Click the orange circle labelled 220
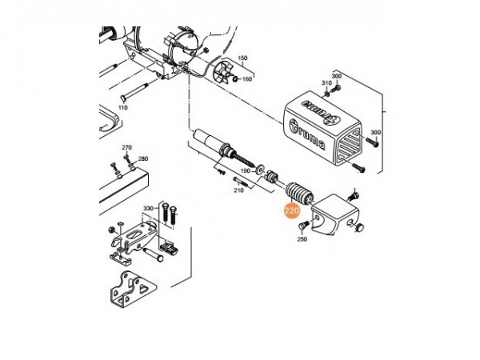(291, 210)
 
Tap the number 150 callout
(242, 58)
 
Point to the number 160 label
(247, 79)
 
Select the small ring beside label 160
(235, 79)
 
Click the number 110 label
(122, 107)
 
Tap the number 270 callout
(126, 147)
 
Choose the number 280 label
(143, 158)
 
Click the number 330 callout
(149, 209)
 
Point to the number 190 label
(246, 171)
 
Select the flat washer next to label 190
(261, 169)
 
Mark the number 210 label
(238, 190)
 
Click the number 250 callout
(302, 239)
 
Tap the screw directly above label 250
(302, 226)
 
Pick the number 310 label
(326, 83)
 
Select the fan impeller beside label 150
(223, 73)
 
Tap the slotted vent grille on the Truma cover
(350, 146)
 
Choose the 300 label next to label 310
(337, 76)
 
